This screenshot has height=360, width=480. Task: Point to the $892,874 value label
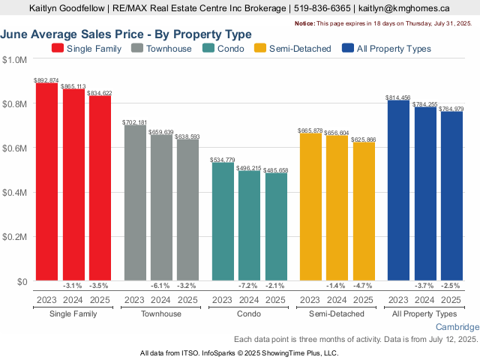click(46, 79)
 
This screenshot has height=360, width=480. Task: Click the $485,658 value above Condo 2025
click(275, 170)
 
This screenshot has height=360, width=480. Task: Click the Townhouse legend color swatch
click(137, 49)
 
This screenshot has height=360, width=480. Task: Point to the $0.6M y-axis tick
click(14, 148)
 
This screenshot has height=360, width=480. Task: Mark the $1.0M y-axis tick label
click(14, 60)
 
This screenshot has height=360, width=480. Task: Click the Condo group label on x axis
click(249, 313)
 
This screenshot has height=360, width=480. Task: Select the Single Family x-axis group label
click(73, 313)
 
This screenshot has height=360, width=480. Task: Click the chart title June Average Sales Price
click(126, 34)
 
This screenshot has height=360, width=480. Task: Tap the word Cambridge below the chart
click(457, 328)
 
